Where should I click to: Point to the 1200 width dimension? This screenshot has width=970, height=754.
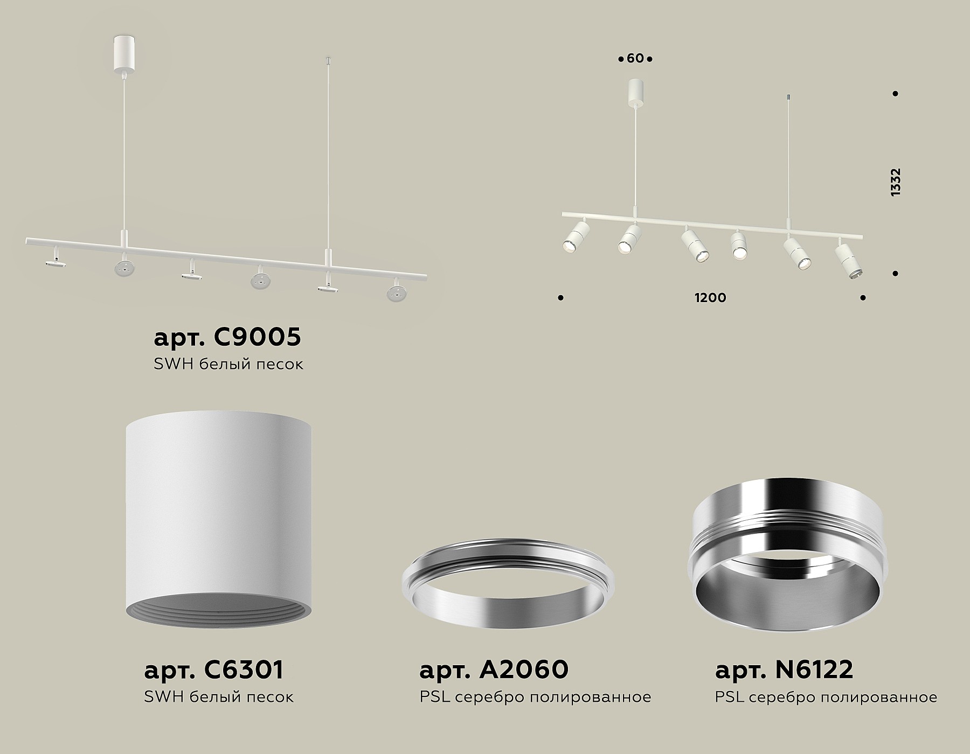coord(710,298)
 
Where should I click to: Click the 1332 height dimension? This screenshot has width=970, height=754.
coord(896,182)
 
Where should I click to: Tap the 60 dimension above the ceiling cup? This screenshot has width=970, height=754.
coord(635,58)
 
